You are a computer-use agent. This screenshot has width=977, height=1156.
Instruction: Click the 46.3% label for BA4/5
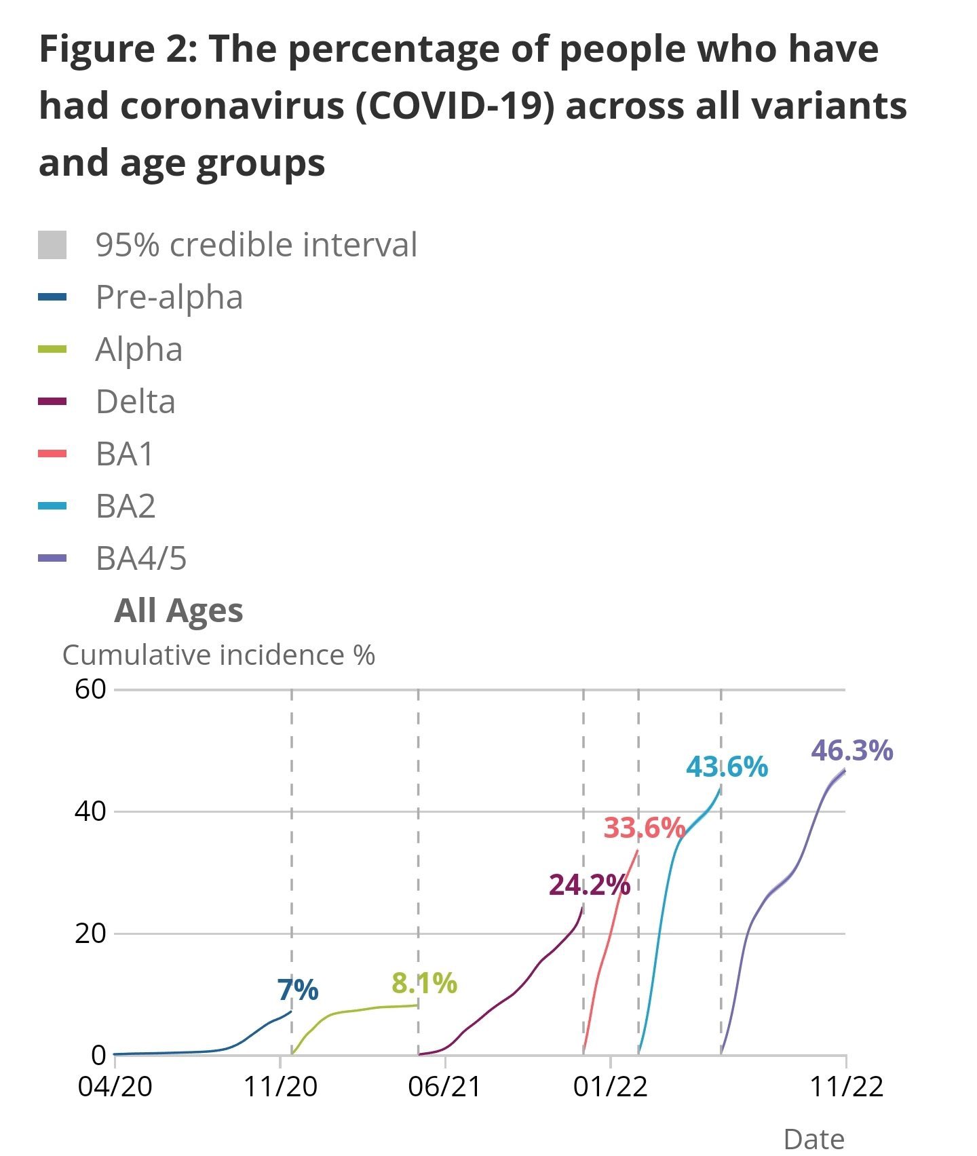pos(851,751)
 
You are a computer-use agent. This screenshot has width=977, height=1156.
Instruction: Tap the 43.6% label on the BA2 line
pos(727,767)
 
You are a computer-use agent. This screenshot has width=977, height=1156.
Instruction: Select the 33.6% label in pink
pos(644,828)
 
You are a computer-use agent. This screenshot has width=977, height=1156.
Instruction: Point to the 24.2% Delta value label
pos(589,885)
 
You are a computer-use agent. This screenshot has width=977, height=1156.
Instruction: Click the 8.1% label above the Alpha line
pos(424,983)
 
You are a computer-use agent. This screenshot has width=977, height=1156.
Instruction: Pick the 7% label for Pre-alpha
pos(297,990)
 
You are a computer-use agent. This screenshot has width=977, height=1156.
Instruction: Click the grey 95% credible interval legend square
pos(52,245)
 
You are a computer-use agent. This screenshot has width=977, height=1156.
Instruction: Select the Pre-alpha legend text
pos(169,297)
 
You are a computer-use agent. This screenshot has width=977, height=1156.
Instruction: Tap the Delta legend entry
pos(136,402)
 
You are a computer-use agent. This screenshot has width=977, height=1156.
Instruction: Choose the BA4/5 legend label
pos(141,558)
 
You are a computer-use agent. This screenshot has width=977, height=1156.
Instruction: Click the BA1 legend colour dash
pos(52,454)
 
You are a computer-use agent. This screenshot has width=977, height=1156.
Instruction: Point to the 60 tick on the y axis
pos(91,690)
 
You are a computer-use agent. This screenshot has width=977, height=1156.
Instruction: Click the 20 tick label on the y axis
pos(91,933)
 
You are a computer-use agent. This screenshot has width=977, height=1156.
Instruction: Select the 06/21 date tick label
pos(444,1087)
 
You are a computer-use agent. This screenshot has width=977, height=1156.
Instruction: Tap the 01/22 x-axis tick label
pos(610,1087)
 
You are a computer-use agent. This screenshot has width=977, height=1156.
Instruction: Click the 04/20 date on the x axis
pos(115,1087)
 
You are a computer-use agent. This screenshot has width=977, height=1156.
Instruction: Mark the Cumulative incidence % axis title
pos(218,655)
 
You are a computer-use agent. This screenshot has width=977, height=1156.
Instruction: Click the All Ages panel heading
pos(178,611)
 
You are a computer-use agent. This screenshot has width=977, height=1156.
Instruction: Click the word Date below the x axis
pos(813,1139)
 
